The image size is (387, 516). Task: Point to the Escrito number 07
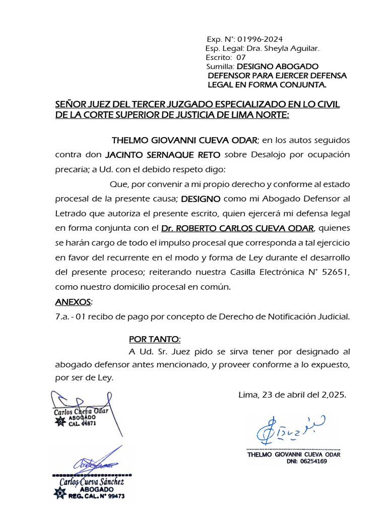(x=241, y=57)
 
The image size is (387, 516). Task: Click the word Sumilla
(x=220, y=67)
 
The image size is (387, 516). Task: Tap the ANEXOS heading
(x=74, y=302)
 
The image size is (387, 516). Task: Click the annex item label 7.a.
(x=62, y=316)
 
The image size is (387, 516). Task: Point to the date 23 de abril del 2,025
(x=292, y=395)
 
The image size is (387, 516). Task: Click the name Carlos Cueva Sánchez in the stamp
(x=92, y=482)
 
